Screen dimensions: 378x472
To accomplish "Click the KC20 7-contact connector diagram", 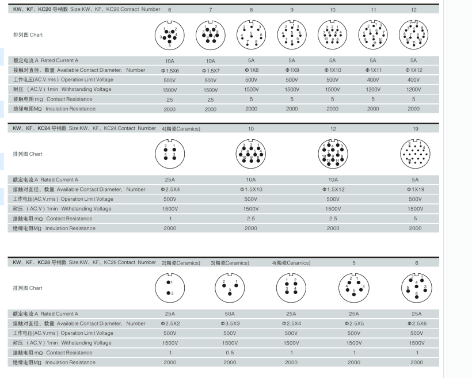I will point(211,36).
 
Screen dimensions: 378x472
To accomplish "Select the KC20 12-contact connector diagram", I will point(414,35).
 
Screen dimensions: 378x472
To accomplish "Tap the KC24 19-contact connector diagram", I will point(415,154).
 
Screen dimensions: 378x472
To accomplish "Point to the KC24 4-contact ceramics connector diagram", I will point(170,154).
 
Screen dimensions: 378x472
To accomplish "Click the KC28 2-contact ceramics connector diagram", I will point(170,288).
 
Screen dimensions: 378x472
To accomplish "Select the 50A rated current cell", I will point(230,314).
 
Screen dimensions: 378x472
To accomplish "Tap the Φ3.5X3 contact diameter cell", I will point(230,324).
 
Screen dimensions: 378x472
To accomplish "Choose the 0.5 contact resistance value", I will point(230,353).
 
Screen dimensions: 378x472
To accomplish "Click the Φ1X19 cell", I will point(416,189).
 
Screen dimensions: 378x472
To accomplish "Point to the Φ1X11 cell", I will point(373,70).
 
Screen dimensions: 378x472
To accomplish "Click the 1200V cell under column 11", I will point(373,89).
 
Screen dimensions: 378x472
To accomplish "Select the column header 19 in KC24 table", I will point(416,129).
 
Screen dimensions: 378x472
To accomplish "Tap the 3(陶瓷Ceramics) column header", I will point(230,263).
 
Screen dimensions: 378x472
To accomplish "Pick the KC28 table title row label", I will point(84,262).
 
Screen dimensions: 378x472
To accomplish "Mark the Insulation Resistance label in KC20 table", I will point(54,109).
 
